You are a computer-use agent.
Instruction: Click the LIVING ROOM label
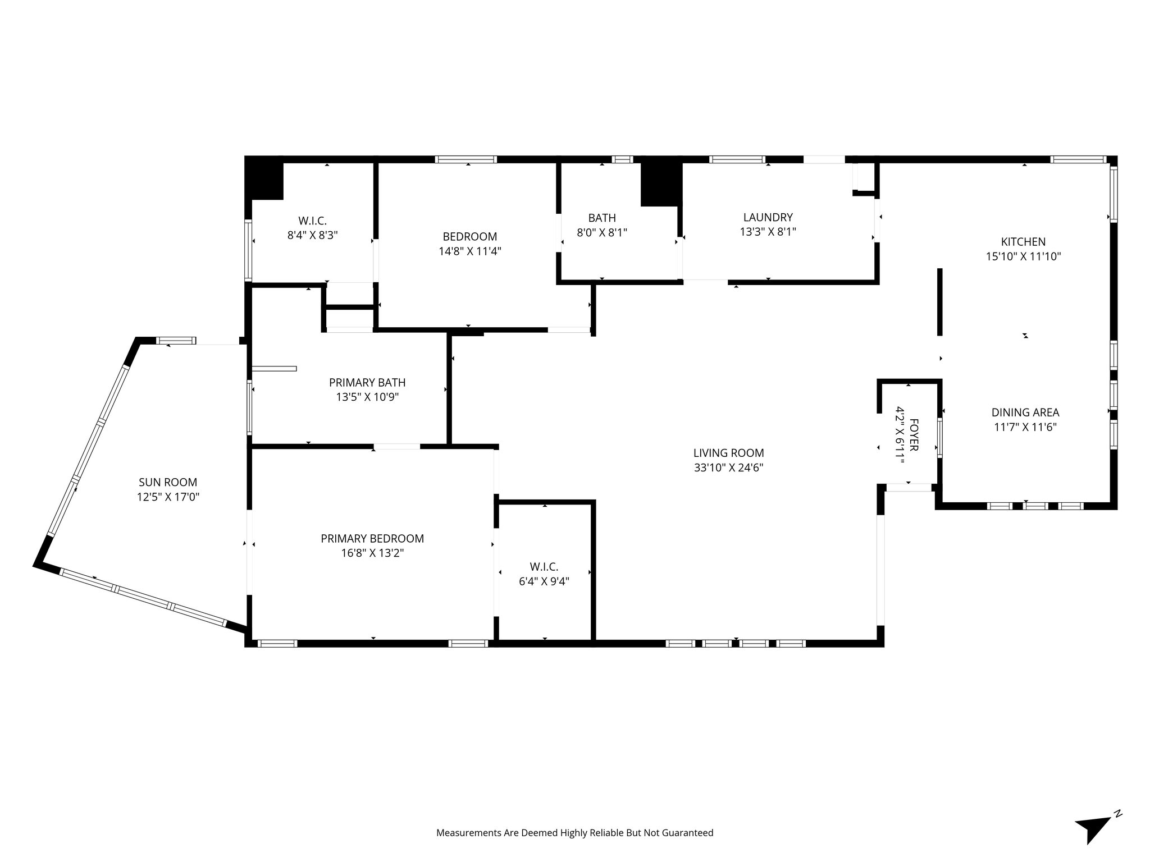pyautogui.click(x=728, y=453)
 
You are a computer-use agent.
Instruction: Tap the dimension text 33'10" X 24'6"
pyautogui.click(x=728, y=467)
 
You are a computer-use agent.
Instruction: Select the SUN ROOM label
pyautogui.click(x=168, y=482)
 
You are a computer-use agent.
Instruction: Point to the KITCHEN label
pyautogui.click(x=1023, y=242)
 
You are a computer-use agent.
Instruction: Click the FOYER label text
pyautogui.click(x=914, y=434)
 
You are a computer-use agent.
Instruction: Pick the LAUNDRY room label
pyautogui.click(x=768, y=217)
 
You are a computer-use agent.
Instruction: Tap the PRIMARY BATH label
pyautogui.click(x=367, y=383)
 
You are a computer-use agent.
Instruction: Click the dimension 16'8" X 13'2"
pyautogui.click(x=372, y=553)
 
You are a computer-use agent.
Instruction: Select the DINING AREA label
pyautogui.click(x=1025, y=412)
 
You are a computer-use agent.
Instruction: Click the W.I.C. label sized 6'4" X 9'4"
pyautogui.click(x=544, y=567)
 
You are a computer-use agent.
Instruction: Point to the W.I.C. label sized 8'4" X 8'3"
pyautogui.click(x=312, y=221)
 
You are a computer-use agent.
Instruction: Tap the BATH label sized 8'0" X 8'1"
pyautogui.click(x=602, y=218)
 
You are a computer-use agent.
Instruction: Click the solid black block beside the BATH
pyautogui.click(x=661, y=184)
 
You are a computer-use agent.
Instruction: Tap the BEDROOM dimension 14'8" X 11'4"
pyautogui.click(x=469, y=251)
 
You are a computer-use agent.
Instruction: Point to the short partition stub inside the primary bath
pyautogui.click(x=274, y=369)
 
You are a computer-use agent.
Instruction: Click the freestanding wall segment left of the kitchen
pyautogui.click(x=939, y=301)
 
